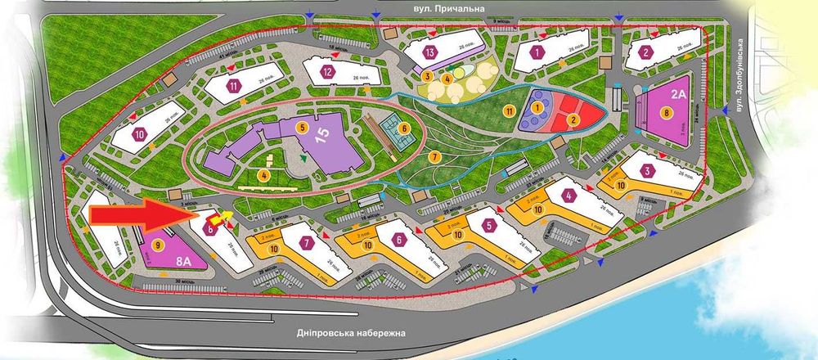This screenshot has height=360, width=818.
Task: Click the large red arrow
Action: [139, 214]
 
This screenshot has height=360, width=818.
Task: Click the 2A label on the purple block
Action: [678, 92]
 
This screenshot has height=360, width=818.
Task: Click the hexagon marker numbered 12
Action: [327, 71]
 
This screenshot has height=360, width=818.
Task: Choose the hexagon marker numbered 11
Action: [234, 84]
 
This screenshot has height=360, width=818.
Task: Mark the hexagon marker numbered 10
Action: [140, 133]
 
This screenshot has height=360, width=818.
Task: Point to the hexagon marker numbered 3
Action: [648, 171]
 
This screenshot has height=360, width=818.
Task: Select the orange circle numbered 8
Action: [667, 111]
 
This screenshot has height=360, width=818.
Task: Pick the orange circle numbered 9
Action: [157, 244]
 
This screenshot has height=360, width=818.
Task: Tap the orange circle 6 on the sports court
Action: [403, 128]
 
